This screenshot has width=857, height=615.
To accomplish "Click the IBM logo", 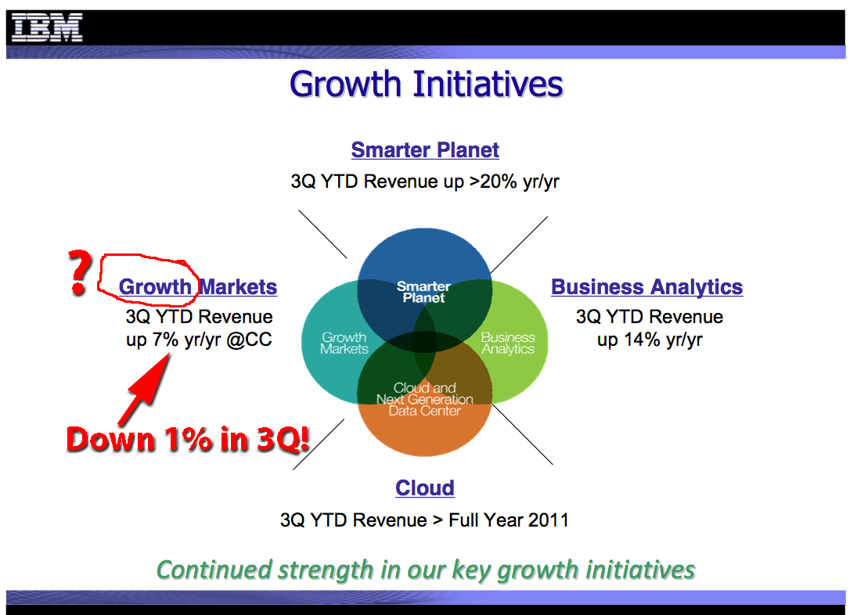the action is pos(47,28).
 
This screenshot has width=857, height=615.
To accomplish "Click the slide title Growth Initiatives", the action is pos(427,84).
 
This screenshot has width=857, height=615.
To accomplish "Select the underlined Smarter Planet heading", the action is pos(425,149).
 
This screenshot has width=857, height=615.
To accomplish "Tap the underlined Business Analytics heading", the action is pos(647,286).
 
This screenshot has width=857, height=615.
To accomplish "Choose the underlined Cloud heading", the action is pos(425,487).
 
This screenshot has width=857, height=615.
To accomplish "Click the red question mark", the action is pos(80,273).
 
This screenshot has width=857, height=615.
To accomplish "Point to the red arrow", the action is pos(144,389).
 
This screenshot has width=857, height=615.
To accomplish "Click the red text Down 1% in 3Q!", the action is pos(188,440).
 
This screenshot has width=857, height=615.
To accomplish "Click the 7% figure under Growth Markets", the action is pos(165,340).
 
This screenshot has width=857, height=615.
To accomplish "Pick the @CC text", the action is pos(249,340).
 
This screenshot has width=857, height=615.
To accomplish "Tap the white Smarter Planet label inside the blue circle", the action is pos(423,292).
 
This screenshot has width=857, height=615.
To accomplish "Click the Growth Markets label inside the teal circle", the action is pos(344,343).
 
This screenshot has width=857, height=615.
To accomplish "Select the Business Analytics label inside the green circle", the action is pos(508,343).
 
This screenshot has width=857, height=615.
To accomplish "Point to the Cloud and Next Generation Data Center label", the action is pos(425,399).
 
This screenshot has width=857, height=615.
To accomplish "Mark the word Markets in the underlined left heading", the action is pos(238,286).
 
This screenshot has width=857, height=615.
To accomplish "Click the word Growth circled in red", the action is pos(155,286).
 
